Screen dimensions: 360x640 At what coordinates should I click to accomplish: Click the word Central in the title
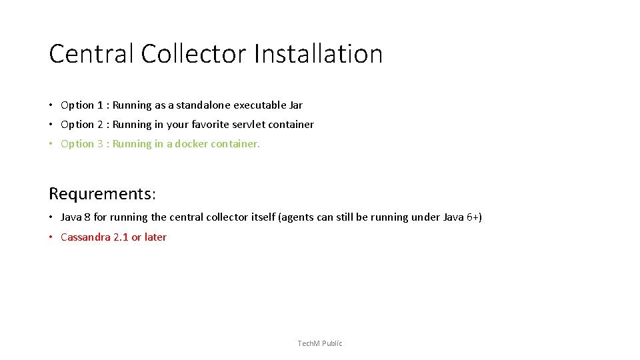pyautogui.click(x=91, y=54)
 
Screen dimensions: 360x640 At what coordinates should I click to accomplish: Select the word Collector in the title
pyautogui.click(x=193, y=54)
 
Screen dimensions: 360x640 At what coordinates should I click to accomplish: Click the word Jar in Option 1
pyautogui.click(x=296, y=105)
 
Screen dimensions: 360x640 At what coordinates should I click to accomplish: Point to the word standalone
pyautogui.click(x=203, y=105)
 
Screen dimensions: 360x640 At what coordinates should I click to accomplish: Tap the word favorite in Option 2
pyautogui.click(x=210, y=125)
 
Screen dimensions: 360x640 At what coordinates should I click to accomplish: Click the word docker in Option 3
pyautogui.click(x=191, y=144)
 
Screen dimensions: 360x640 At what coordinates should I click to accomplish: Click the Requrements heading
pyautogui.click(x=102, y=194)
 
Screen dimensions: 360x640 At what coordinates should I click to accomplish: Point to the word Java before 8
pyautogui.click(x=71, y=217)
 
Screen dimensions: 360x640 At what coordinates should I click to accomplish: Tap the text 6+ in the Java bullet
pyautogui.click(x=471, y=217)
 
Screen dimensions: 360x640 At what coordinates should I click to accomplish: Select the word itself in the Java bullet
pyautogui.click(x=261, y=217)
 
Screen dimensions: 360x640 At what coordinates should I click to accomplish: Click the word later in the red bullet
pyautogui.click(x=155, y=237)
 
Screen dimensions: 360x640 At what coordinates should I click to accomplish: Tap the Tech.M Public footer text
pyautogui.click(x=320, y=343)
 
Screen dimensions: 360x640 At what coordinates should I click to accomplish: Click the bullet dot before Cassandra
pyautogui.click(x=51, y=237)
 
